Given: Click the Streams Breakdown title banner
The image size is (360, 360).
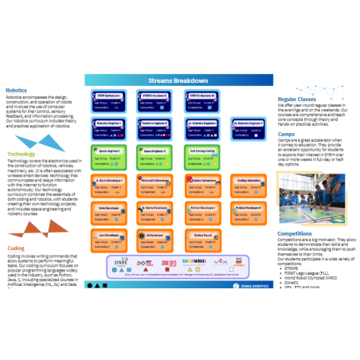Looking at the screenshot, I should [179, 80].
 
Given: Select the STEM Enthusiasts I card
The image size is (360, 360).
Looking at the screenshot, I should [109, 99].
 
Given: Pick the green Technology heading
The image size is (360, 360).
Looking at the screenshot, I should [22, 154].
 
